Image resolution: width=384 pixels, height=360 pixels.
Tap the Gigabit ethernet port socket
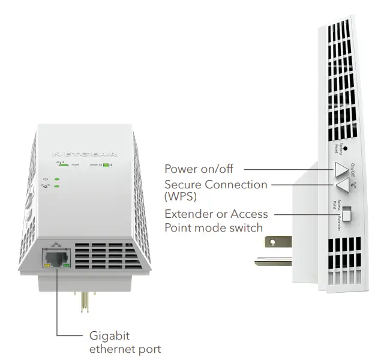(x=55, y=259)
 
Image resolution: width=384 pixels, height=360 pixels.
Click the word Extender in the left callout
(x=187, y=214)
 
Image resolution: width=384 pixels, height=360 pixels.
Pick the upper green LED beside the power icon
(x=56, y=179)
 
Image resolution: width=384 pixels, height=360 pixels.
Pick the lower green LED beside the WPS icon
(x=56, y=187)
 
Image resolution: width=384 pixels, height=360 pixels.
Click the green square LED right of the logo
(x=105, y=164)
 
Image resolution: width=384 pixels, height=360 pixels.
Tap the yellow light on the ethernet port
(x=46, y=266)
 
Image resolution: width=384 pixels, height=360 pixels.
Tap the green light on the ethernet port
(x=65, y=266)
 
